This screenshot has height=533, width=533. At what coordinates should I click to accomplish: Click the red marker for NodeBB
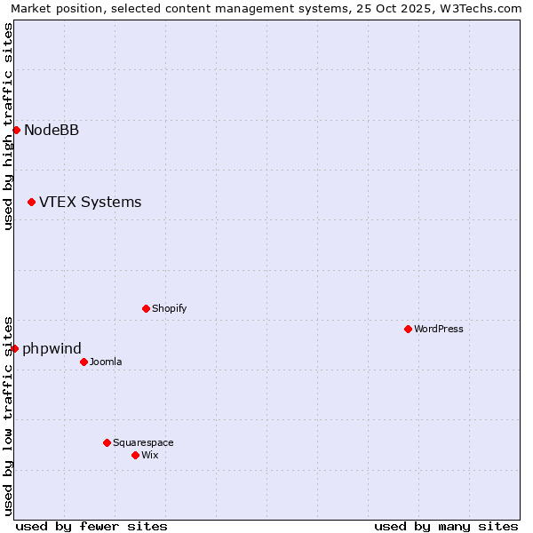[16, 130]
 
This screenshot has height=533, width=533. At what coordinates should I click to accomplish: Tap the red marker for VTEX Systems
[31, 203]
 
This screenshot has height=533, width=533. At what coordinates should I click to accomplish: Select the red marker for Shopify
[146, 308]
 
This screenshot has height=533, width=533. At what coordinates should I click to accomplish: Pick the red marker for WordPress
[408, 329]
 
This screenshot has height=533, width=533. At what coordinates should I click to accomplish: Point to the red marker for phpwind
[14, 348]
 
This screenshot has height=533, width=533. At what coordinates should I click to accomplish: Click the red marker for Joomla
[84, 362]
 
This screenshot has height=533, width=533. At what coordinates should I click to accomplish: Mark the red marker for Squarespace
[107, 442]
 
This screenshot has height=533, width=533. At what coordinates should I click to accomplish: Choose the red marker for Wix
[135, 455]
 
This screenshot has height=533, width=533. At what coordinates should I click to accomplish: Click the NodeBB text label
[52, 130]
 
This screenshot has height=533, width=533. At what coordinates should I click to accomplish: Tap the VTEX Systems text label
[90, 202]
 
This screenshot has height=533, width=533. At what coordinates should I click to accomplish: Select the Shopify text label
[169, 308]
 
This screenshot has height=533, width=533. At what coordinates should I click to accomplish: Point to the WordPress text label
[438, 329]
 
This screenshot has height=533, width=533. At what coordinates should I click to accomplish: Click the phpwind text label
[52, 348]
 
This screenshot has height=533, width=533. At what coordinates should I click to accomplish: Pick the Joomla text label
[106, 362]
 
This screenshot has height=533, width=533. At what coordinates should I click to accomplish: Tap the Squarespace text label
[143, 442]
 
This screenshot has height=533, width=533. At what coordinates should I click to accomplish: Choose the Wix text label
[149, 455]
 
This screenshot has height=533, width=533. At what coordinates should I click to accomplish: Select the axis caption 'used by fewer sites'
[91, 526]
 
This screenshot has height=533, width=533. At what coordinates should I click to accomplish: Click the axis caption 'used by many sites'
[446, 526]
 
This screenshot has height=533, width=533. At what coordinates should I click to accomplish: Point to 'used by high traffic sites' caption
[9, 126]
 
